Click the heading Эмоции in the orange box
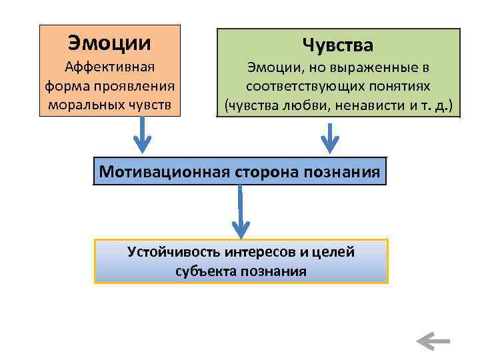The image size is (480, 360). click(109, 43)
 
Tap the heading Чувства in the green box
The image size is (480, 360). click(337, 45)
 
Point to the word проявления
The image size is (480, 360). click(141, 86)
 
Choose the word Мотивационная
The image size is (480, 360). click(165, 172)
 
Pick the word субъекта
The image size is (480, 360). click(203, 271)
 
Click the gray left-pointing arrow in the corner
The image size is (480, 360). click(433, 342)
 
